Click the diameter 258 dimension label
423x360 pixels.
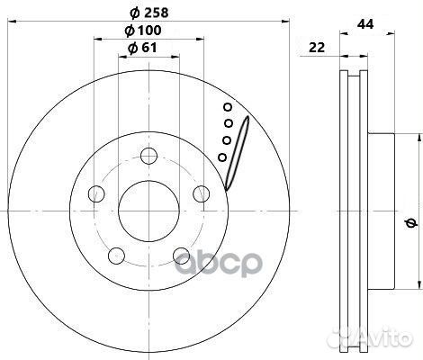[149, 13]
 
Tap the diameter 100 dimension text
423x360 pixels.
[143, 31]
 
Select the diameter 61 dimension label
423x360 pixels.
[142, 48]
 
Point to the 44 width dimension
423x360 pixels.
[365, 24]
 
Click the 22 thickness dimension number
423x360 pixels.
[317, 48]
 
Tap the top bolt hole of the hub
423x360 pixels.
[149, 156]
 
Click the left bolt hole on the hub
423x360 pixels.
[96, 193]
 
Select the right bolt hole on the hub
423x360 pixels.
[202, 193]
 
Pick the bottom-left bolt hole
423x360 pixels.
[116, 256]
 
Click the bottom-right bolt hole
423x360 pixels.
[182, 256]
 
